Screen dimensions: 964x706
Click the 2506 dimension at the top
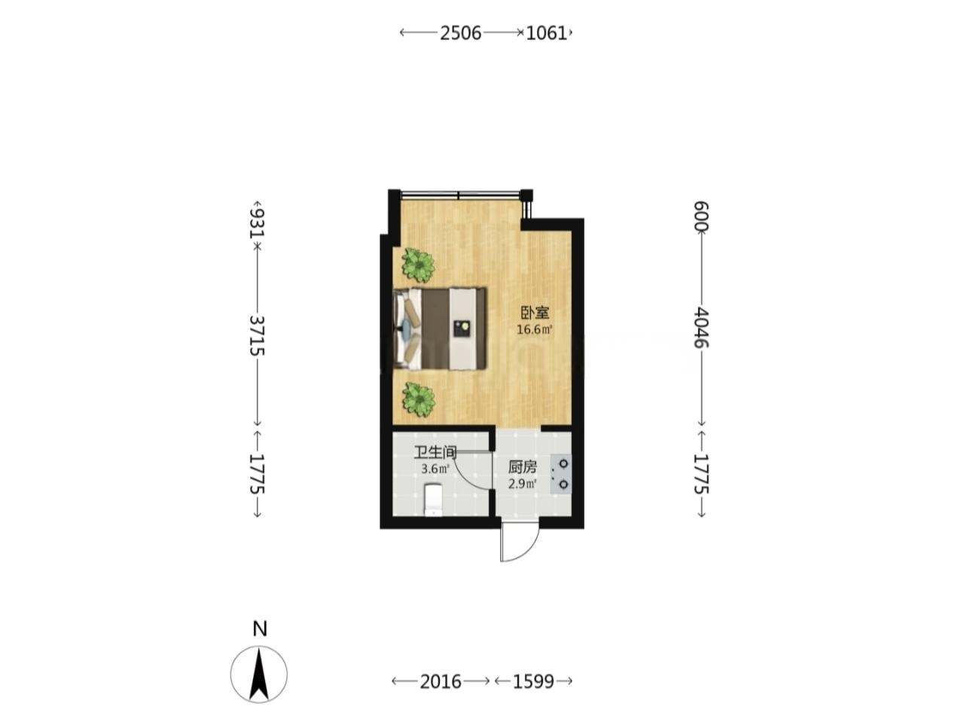(x=460, y=33)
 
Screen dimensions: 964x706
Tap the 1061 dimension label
(x=547, y=33)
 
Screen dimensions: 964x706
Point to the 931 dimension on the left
(x=257, y=223)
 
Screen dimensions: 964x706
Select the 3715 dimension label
(x=257, y=336)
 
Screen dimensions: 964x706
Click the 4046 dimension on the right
(x=701, y=327)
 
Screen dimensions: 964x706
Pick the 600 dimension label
(x=701, y=217)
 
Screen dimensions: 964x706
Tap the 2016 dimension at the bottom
(x=441, y=681)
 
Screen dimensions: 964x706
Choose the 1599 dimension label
(x=534, y=681)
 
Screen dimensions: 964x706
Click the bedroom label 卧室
(x=535, y=313)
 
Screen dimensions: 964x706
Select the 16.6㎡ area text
(x=535, y=330)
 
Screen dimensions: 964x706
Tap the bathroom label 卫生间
(x=435, y=452)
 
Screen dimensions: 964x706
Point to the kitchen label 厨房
(x=523, y=466)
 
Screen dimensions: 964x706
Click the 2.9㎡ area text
(x=523, y=484)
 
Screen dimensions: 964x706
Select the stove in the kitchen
(x=561, y=474)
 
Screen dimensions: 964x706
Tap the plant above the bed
(x=418, y=265)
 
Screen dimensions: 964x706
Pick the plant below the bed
(x=418, y=399)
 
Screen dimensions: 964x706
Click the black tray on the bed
(x=462, y=329)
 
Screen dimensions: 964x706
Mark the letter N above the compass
(x=260, y=629)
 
